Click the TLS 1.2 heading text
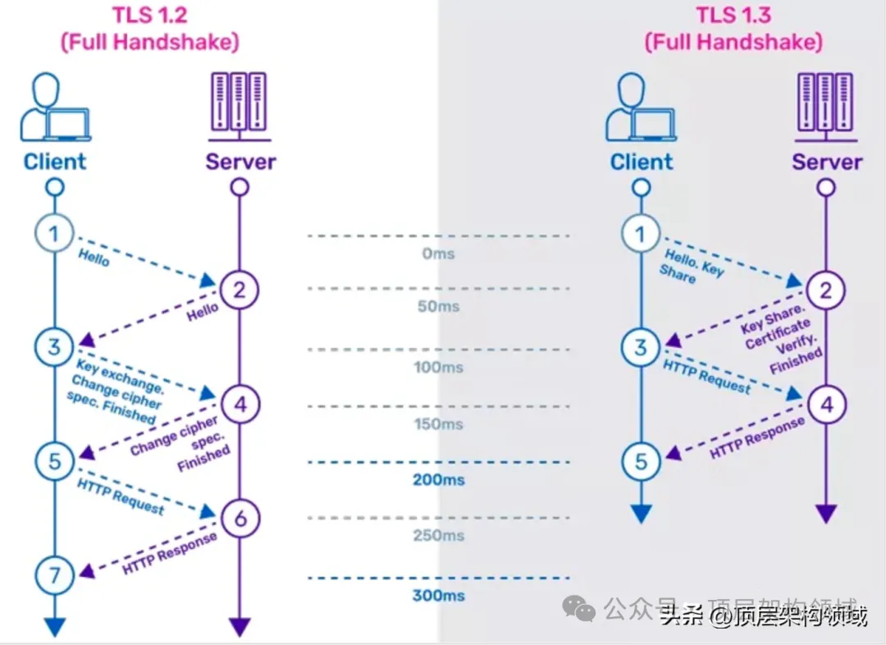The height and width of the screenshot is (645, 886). (x=148, y=16)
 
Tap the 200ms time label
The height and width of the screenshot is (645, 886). (x=438, y=479)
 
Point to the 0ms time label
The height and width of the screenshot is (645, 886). (x=438, y=254)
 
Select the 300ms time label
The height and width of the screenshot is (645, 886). (x=438, y=596)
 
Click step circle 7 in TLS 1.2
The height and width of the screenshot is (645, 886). (x=54, y=575)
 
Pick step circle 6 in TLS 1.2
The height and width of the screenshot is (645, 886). (x=239, y=519)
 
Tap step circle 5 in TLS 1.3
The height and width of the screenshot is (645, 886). (x=641, y=462)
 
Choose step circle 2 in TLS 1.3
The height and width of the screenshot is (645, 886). (x=826, y=290)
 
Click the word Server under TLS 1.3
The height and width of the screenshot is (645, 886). (x=827, y=162)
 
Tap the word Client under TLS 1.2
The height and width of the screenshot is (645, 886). (x=55, y=162)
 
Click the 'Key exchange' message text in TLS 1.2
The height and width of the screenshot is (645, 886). (x=112, y=373)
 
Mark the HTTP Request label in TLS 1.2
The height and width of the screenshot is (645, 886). (x=120, y=496)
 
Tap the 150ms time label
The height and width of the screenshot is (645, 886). (x=438, y=424)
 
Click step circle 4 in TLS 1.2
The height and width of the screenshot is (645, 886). (x=239, y=404)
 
